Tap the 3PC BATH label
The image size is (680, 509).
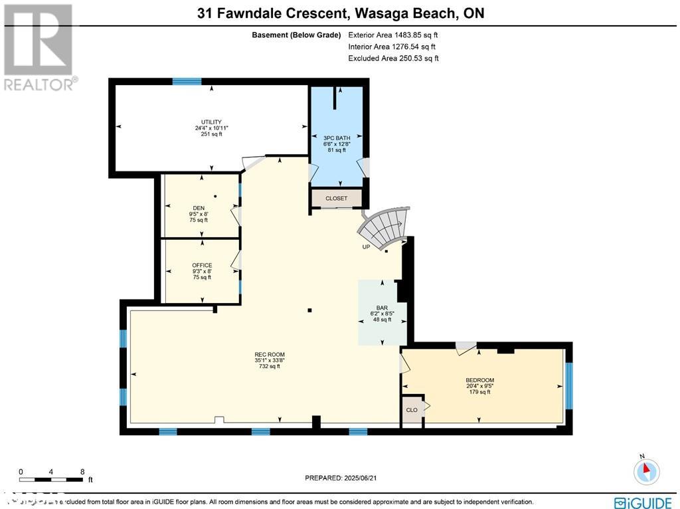[x=337, y=138]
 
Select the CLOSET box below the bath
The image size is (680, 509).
[x=336, y=198]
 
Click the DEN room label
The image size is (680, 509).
[x=198, y=208]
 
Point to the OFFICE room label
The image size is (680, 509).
[x=201, y=265]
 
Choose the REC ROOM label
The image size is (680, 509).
[x=270, y=355]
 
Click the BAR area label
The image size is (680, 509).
[x=382, y=308]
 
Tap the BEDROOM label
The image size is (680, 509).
[x=479, y=380]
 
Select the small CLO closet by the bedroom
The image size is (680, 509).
[x=412, y=410]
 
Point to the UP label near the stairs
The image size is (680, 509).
[x=366, y=247]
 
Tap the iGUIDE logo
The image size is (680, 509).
[x=643, y=502]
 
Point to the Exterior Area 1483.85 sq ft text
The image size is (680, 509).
[x=393, y=35]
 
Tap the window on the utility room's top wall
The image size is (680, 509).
[x=187, y=82]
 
